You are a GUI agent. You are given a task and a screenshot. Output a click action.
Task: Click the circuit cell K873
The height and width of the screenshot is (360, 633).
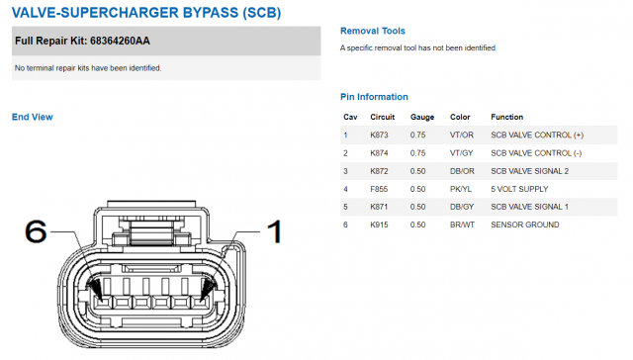tap(379, 135)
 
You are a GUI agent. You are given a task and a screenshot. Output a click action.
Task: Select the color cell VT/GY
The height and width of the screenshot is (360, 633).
tap(462, 153)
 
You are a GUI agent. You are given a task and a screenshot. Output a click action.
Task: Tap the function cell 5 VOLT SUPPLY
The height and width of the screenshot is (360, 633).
tap(519, 189)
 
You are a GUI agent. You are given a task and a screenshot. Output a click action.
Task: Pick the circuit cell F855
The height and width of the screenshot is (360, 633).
tap(379, 189)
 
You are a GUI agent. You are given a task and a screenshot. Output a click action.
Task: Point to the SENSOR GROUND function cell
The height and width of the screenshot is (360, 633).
tap(525, 225)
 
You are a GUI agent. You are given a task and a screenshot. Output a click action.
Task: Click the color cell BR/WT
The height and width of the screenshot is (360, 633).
tap(462, 225)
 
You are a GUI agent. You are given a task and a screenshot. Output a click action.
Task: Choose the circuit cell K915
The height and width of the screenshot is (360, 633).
tap(379, 225)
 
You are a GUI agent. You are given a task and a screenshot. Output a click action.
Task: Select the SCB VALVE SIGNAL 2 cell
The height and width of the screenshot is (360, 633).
tap(530, 171)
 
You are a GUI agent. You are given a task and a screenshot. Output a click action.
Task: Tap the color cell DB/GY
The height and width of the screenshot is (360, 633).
tap(462, 207)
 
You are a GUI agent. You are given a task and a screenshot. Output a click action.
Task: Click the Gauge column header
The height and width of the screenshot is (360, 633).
tap(422, 117)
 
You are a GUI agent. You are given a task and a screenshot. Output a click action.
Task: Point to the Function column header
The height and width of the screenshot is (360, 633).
tap(507, 117)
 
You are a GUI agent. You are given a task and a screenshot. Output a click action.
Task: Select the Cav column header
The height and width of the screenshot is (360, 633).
tap(350, 117)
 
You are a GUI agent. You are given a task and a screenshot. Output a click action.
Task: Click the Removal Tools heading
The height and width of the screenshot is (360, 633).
tap(373, 31)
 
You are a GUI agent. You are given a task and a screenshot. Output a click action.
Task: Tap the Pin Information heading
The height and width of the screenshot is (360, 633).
tap(374, 97)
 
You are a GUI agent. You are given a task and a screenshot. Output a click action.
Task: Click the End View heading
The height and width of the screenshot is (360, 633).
tap(33, 117)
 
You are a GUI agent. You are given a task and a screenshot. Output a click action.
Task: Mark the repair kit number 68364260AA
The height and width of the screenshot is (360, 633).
tap(120, 41)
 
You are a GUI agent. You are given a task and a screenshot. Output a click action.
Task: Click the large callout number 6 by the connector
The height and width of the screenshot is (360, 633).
tap(36, 231)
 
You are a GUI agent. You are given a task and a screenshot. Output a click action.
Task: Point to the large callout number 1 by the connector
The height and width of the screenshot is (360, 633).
tap(275, 231)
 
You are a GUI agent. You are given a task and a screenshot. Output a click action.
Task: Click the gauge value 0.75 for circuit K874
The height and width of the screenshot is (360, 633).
tap(417, 153)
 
